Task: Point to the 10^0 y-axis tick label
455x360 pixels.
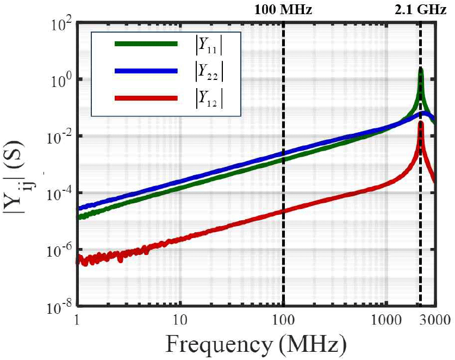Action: [x=59, y=79]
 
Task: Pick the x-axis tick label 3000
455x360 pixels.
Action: [x=436, y=318]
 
